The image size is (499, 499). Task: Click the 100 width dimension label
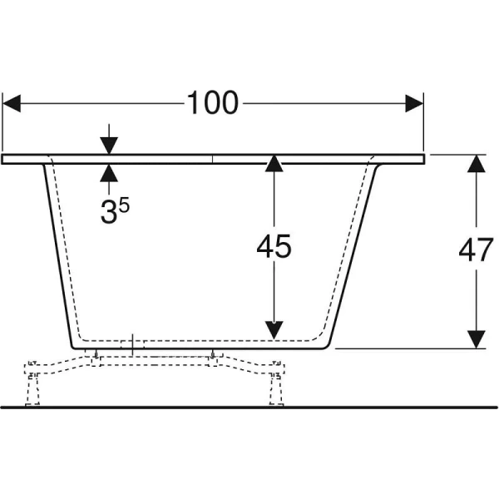(x=212, y=103)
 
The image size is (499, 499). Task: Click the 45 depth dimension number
(x=274, y=248)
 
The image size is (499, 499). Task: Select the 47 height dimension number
(x=476, y=251)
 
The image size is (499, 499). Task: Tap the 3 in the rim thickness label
(x=108, y=213)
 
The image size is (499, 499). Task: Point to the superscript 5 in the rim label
(x=123, y=204)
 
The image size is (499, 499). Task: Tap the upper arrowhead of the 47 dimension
(x=476, y=164)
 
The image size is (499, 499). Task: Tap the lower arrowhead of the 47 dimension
(x=476, y=338)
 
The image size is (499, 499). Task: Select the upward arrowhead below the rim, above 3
(x=109, y=173)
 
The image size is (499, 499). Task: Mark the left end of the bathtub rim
(x=5, y=158)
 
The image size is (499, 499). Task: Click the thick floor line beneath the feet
(x=249, y=408)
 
